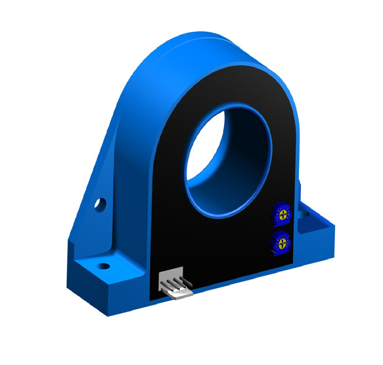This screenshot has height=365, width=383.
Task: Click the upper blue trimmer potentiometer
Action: click(x=283, y=215)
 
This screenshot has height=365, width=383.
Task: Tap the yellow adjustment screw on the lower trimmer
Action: click(x=281, y=243)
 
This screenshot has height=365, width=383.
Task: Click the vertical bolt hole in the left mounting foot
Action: click(x=102, y=267)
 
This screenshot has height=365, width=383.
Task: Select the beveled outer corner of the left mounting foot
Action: click(x=71, y=263)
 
